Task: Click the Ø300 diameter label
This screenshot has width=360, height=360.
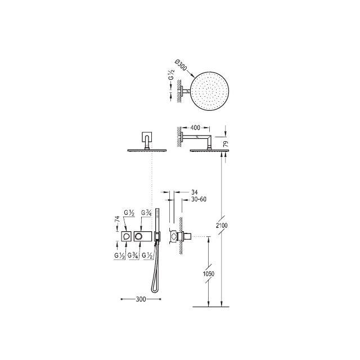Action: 181,65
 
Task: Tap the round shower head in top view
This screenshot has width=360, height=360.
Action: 210,91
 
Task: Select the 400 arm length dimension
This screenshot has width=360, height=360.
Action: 195,128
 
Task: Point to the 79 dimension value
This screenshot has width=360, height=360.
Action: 226,144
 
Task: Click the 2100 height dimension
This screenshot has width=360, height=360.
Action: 222,226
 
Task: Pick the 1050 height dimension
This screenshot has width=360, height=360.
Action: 209,274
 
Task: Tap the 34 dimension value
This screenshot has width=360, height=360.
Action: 194,192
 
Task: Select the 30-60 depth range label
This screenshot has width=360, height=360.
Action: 199,199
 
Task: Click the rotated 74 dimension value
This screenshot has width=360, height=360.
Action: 118,219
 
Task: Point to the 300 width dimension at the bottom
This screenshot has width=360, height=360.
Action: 141,299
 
